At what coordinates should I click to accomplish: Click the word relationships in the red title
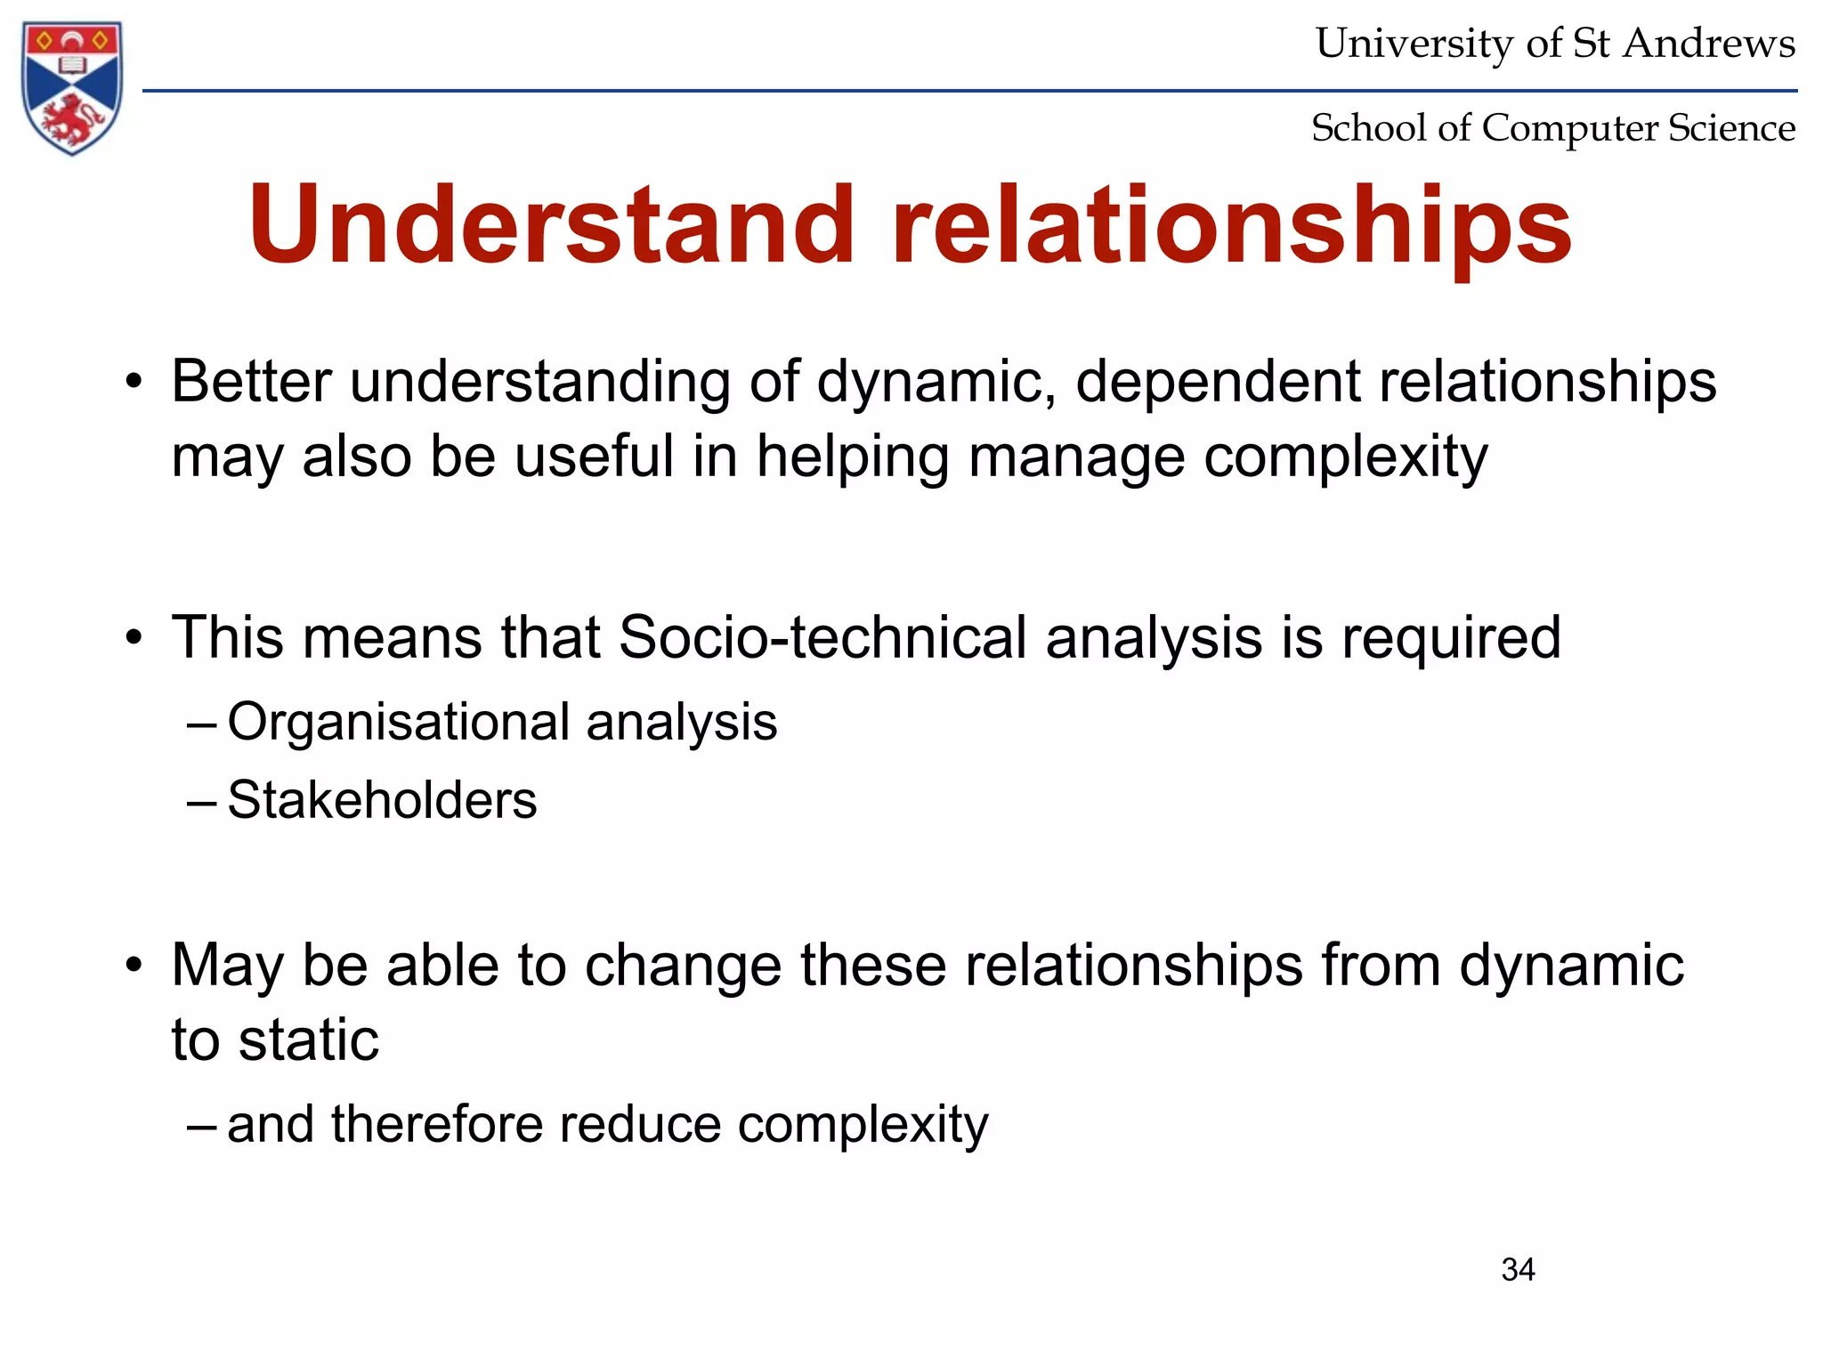click(x=1232, y=227)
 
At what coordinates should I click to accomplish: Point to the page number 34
click(x=1518, y=1270)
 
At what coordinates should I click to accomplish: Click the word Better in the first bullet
click(x=251, y=382)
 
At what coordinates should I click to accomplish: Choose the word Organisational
click(x=398, y=722)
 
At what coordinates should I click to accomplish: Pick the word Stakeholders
click(x=382, y=800)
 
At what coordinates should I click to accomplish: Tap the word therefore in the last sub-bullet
click(x=435, y=1124)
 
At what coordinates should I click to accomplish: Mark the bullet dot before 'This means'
click(x=134, y=639)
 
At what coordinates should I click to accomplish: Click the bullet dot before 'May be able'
click(x=134, y=967)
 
